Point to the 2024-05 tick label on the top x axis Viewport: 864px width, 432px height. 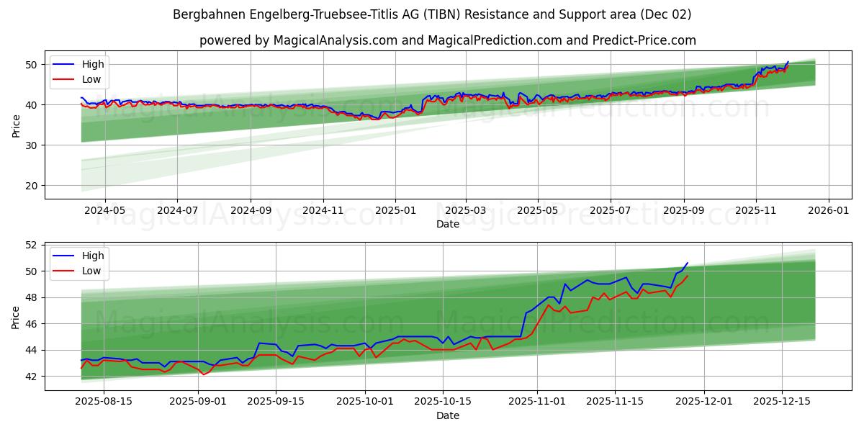[105, 210]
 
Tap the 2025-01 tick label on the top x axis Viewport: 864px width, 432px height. [395, 210]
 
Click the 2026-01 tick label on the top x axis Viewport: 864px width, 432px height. [828, 210]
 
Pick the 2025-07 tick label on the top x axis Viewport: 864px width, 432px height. [611, 210]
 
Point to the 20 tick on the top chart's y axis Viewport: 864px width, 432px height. [32, 186]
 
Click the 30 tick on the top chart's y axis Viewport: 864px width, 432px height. [32, 145]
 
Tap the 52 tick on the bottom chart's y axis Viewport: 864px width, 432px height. [32, 245]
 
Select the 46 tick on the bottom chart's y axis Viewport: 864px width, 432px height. [32, 324]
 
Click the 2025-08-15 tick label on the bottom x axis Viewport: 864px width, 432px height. [104, 402]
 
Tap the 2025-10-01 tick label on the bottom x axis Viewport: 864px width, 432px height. [364, 402]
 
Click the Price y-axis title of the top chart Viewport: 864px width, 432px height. [16, 125]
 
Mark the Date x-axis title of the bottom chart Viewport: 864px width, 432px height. [448, 415]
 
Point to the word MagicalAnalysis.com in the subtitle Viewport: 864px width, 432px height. [336, 40]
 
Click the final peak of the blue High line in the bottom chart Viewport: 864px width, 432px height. [687, 263]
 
